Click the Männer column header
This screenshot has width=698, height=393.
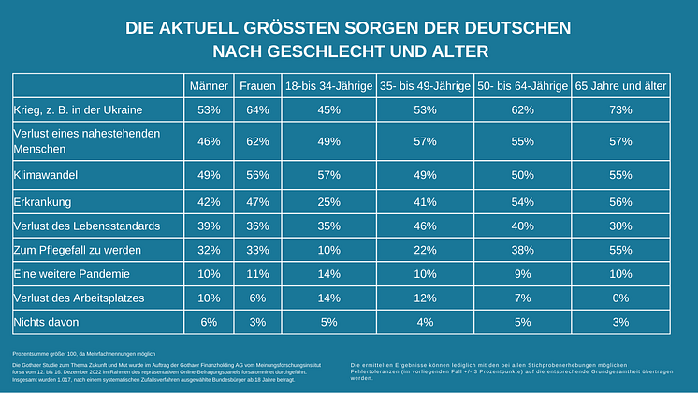208,86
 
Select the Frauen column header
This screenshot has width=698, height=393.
256,86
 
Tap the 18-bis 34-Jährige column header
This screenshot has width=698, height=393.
328,86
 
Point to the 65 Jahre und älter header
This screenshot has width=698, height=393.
619,86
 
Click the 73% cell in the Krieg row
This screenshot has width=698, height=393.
619,110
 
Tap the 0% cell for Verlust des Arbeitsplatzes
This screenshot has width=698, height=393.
619,298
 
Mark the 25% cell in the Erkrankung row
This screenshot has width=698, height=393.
328,200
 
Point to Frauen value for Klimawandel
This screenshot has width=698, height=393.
256,174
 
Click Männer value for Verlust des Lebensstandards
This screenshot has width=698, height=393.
208,225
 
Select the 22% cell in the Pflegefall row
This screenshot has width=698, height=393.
426,249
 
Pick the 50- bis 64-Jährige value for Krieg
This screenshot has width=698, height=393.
522,110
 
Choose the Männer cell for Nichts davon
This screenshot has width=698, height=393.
208,322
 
